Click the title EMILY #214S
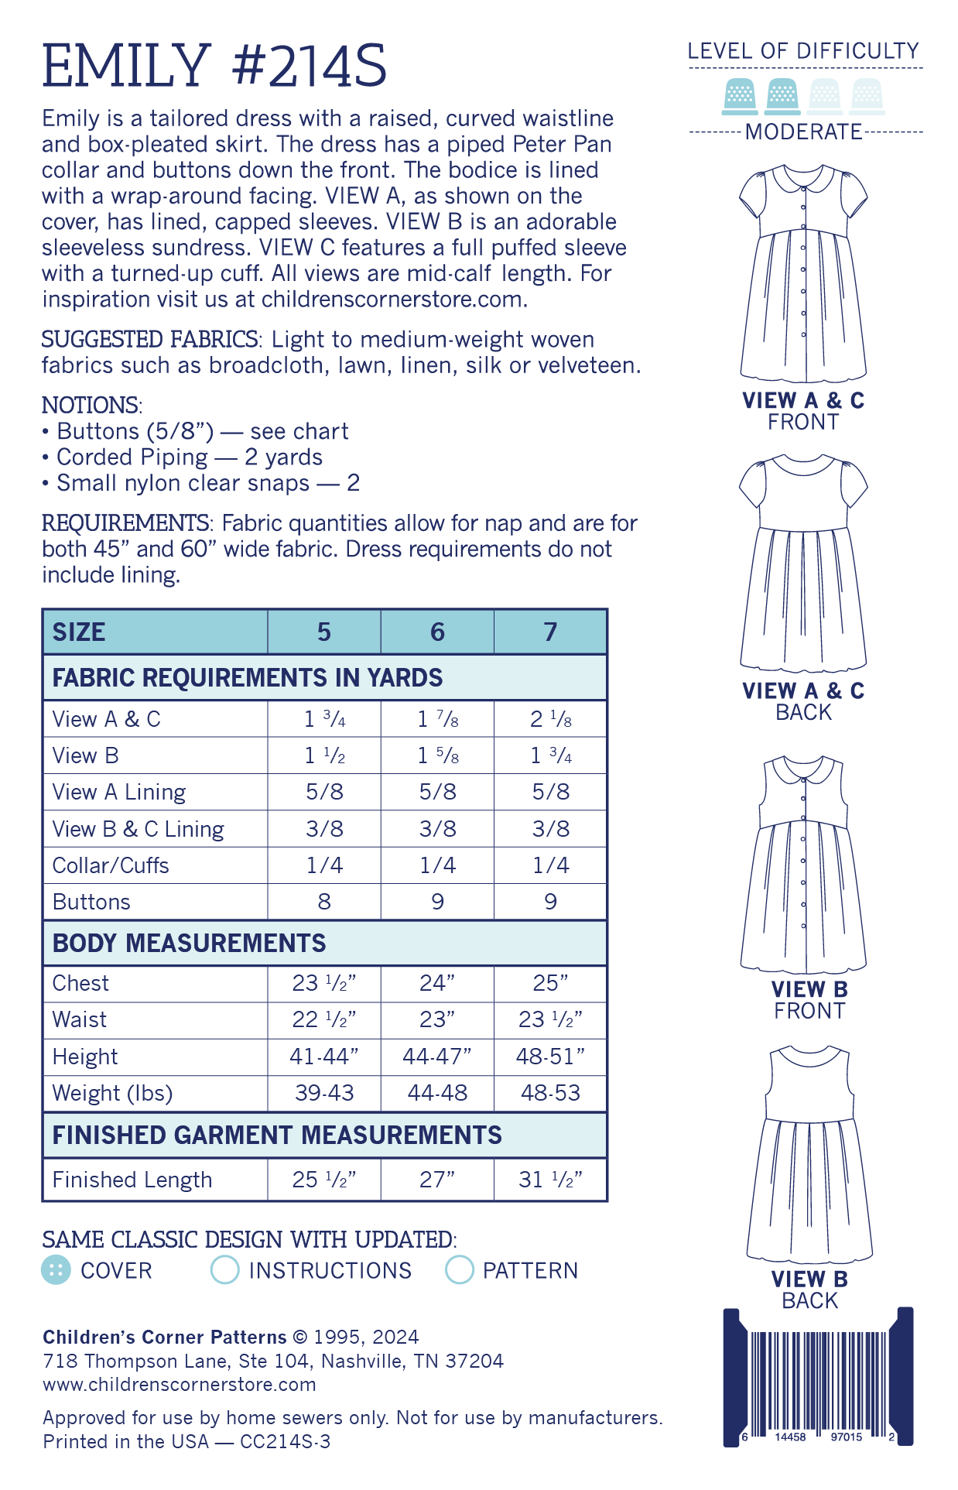214,66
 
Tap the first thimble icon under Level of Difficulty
740,97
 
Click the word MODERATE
803,132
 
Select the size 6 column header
437,632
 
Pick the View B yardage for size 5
324,755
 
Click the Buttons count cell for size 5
324,902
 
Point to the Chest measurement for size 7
550,983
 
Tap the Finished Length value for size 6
437,1180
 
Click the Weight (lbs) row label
112,1093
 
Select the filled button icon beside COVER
56,1270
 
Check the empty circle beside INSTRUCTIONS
224,1270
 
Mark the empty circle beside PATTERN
459,1270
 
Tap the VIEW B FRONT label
809,1000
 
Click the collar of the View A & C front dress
803,179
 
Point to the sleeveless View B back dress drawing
809,1161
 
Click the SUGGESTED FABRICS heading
149,340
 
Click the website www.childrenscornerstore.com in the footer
180,1384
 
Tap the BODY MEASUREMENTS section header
190,944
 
